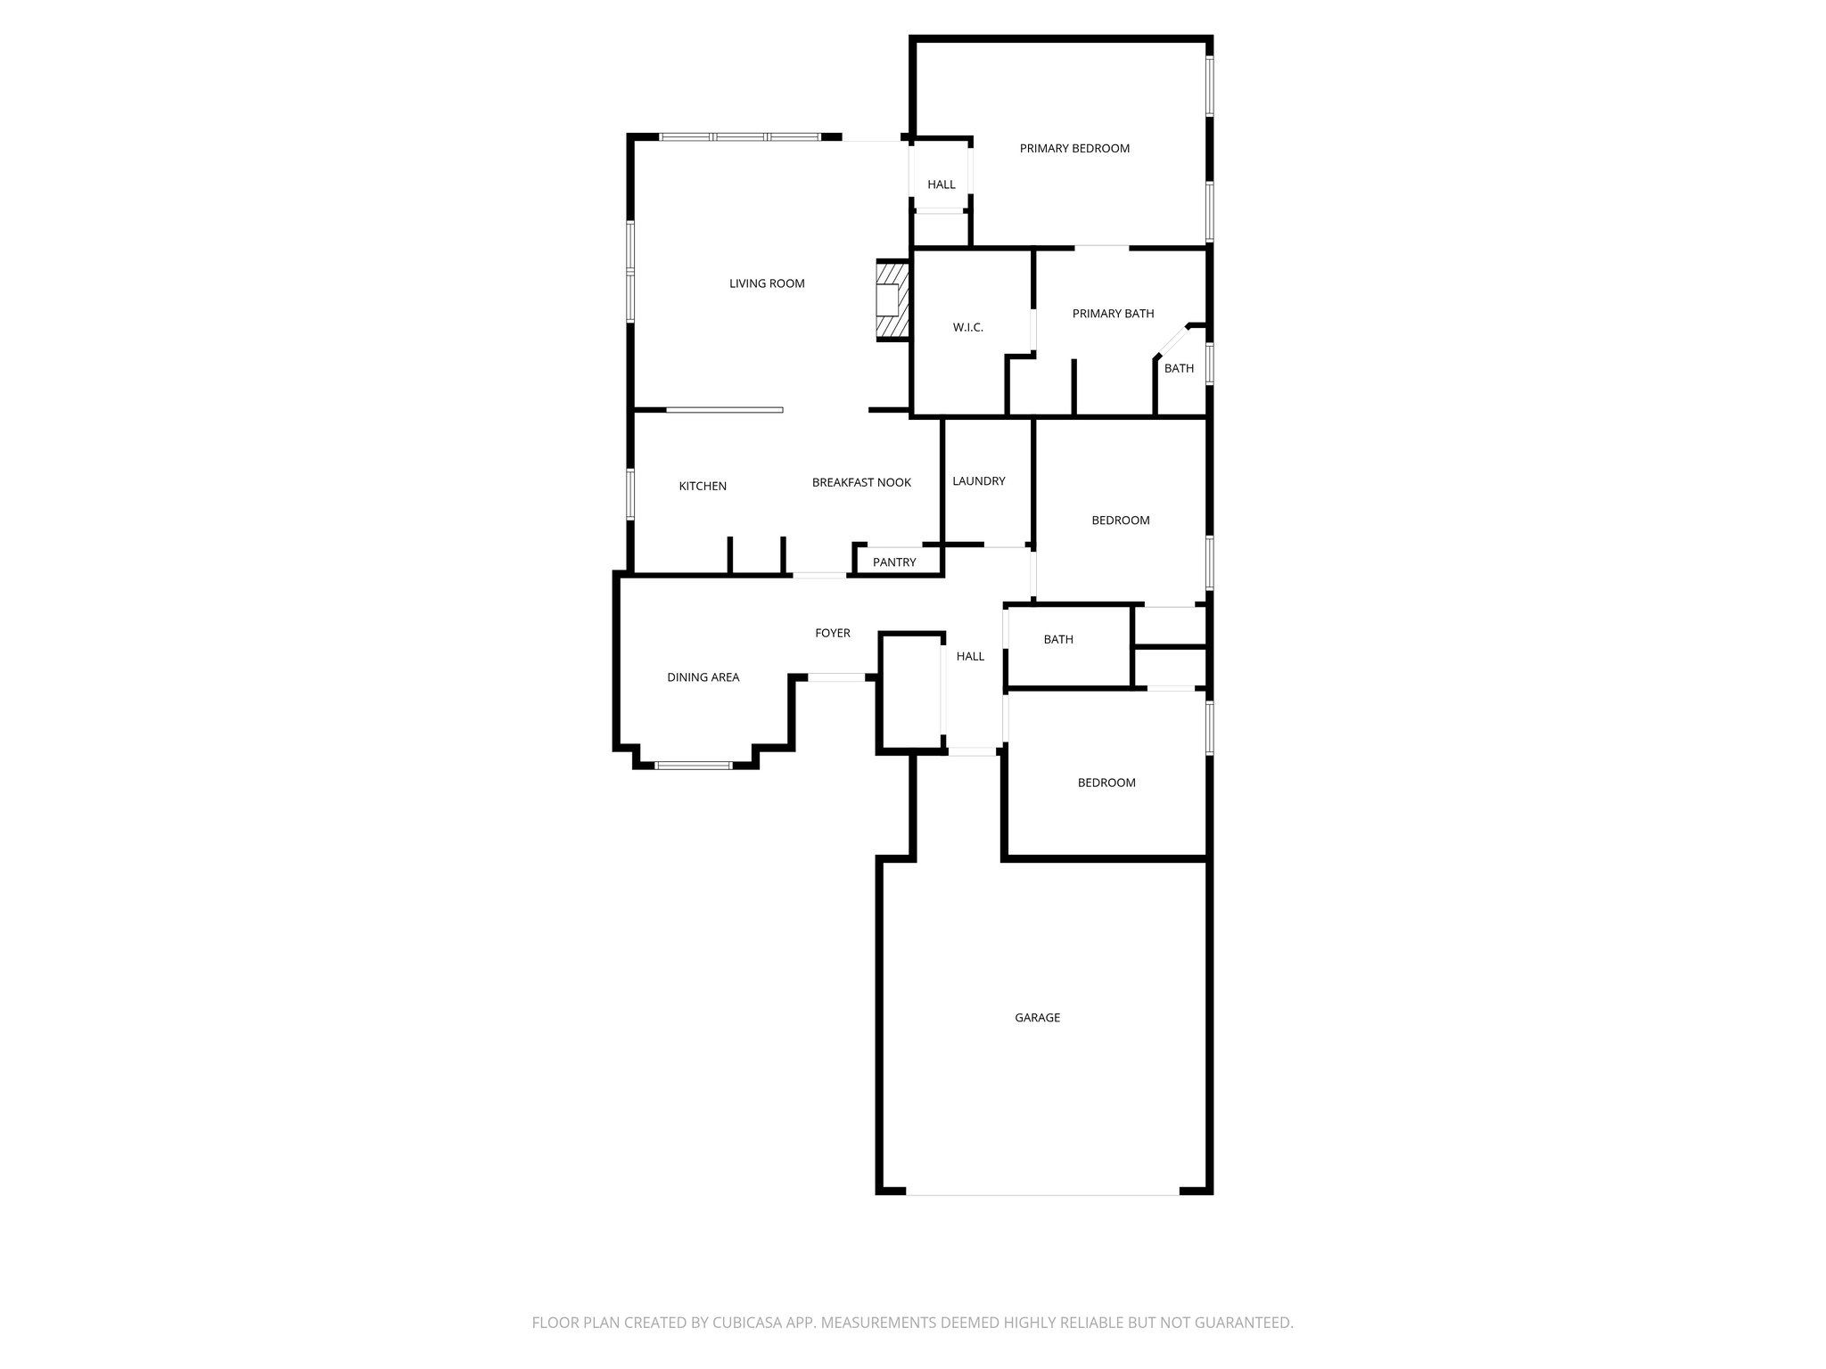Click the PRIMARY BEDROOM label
click(x=1074, y=149)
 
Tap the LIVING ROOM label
click(x=767, y=284)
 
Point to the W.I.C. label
click(x=967, y=328)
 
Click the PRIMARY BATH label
click(x=1113, y=314)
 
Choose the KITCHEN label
click(x=703, y=487)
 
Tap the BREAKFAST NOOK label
click(x=861, y=483)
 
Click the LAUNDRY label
click(x=978, y=481)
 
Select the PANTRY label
click(x=894, y=562)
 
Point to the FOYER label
click(x=833, y=634)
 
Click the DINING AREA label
click(x=703, y=677)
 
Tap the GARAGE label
click(x=1037, y=1018)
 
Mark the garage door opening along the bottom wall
click(x=1042, y=1193)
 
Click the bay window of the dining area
click(x=694, y=765)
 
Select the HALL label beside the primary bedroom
click(x=941, y=185)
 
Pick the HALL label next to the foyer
click(x=970, y=657)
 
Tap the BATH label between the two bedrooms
click(x=1058, y=640)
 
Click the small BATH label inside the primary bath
click(x=1179, y=369)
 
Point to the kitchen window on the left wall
click(x=629, y=494)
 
